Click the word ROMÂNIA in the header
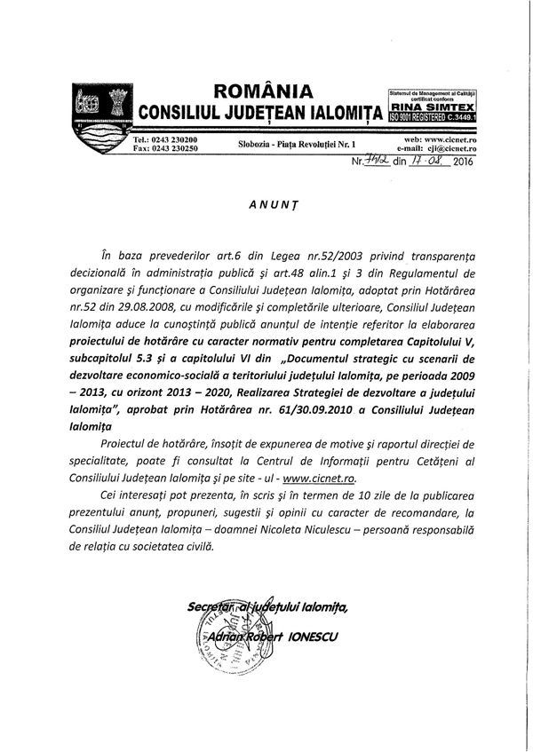tap(263, 91)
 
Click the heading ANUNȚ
tap(266, 203)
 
